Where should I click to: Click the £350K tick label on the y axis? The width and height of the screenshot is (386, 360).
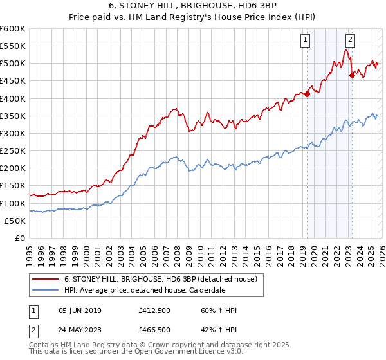tap(12, 116)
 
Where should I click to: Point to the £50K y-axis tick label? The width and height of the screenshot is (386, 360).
tap(15, 221)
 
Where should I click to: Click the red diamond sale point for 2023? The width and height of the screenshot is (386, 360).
tap(352, 75)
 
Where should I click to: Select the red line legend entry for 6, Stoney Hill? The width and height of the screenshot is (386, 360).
tap(161, 279)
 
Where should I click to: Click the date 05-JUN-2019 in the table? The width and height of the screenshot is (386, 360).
tap(80, 310)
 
